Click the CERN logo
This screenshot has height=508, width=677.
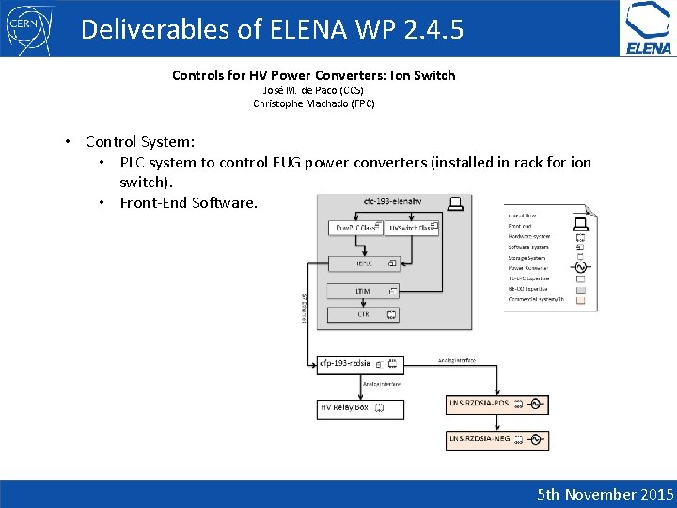(28, 28)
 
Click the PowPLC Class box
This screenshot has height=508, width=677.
(354, 228)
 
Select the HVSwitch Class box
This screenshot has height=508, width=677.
(411, 228)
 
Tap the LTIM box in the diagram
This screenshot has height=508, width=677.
(363, 292)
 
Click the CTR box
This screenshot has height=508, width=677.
(363, 314)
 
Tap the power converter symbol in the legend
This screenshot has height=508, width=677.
(580, 267)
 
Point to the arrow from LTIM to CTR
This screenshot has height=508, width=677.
(363, 303)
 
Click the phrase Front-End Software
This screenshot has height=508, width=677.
(188, 202)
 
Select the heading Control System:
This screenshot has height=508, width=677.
(140, 142)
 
